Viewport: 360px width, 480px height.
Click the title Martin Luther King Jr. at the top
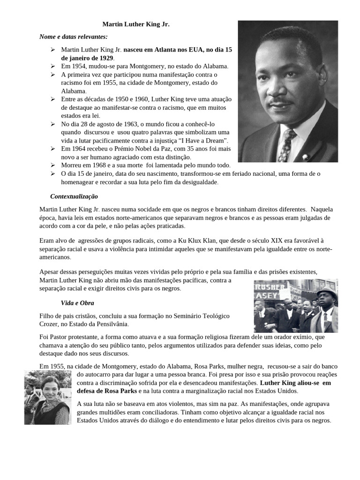[136, 25]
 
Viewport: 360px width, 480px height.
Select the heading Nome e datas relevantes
[73, 37]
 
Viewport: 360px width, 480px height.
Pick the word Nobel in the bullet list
[142, 149]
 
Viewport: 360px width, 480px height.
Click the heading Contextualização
[74, 196]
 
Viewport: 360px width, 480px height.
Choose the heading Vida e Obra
[77, 303]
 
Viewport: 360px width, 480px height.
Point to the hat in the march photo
[327, 292]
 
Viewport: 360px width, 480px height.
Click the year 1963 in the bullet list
[129, 124]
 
